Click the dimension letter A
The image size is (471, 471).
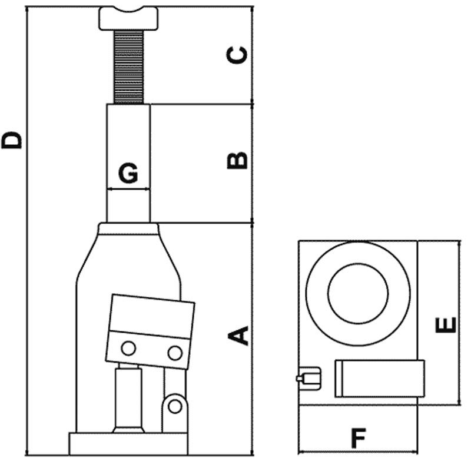(x=238, y=334)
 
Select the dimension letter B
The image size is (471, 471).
(x=238, y=160)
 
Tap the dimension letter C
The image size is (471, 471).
(x=238, y=55)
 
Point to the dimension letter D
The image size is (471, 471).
(x=12, y=140)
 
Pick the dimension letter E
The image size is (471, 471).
(x=448, y=324)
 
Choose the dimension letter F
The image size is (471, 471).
(x=358, y=438)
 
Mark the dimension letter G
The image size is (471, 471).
(x=128, y=174)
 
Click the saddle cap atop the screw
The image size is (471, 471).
(x=130, y=18)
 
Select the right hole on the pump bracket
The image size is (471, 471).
(x=174, y=353)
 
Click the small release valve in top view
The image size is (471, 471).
(x=309, y=377)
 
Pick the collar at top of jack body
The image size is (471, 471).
(x=128, y=228)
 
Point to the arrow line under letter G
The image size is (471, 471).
(x=128, y=189)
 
